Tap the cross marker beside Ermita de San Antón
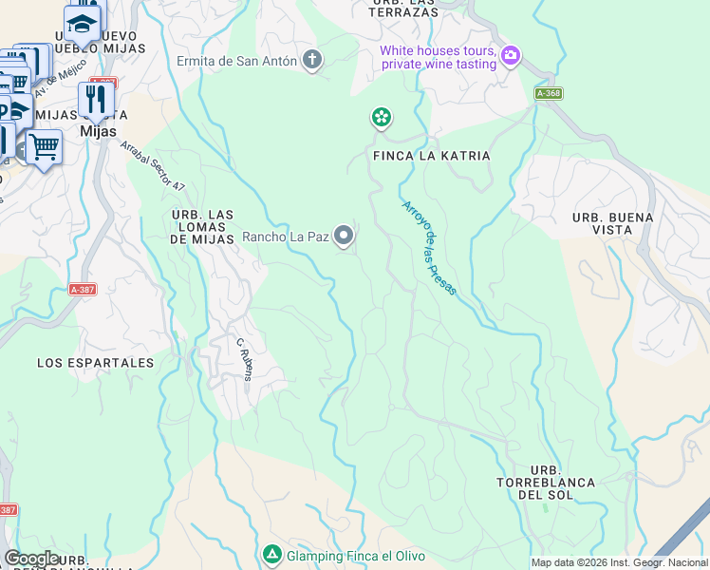point(311,62)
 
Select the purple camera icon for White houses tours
point(511,56)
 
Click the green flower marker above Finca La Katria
point(382,118)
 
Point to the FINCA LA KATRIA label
point(432,155)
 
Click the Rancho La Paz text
point(285,237)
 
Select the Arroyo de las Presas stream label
point(429,248)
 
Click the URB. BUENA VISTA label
point(613,223)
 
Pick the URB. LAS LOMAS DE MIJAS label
point(202,228)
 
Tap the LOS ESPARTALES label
point(95,363)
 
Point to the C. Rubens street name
point(244,358)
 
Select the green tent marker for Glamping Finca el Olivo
point(272,554)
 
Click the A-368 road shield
point(548,93)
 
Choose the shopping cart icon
point(44,147)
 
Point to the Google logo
point(32,559)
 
